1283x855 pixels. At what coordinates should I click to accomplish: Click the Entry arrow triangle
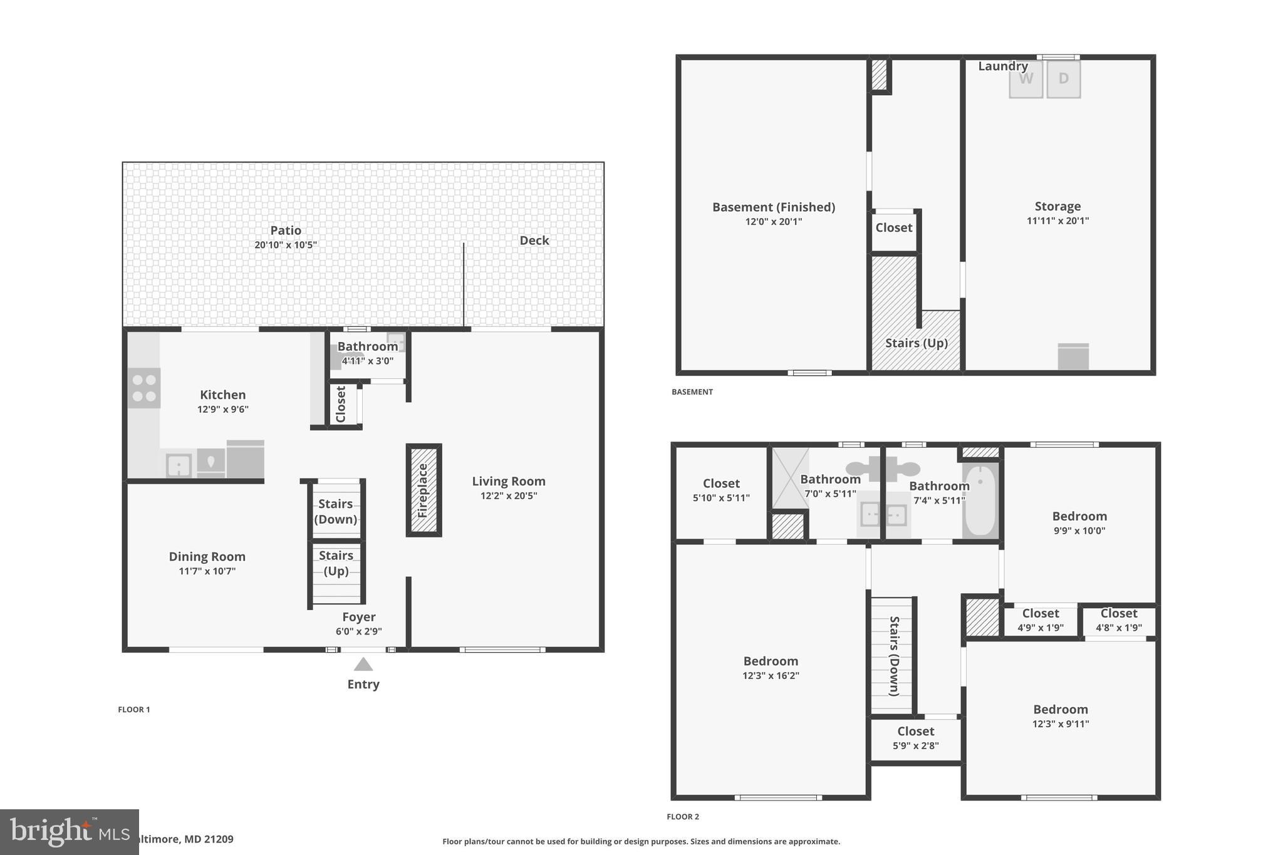click(363, 665)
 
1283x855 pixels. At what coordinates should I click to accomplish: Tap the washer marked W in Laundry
click(1026, 80)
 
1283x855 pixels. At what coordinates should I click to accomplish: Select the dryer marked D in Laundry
click(1063, 80)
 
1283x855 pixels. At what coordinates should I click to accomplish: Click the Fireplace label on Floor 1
click(423, 490)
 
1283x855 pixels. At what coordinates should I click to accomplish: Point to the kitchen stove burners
click(144, 388)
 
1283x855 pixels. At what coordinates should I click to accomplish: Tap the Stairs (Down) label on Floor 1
click(336, 511)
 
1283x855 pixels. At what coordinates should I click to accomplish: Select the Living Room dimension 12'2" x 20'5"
click(509, 496)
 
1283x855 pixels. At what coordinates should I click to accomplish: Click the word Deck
click(534, 241)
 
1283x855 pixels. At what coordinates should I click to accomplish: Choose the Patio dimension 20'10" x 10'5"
click(286, 245)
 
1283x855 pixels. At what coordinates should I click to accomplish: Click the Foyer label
click(358, 617)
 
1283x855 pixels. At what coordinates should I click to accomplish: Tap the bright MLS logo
click(69, 832)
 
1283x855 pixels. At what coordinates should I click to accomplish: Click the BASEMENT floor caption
click(692, 392)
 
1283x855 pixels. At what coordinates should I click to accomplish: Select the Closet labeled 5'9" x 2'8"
click(915, 738)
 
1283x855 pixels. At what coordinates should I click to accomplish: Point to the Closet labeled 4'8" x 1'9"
click(1118, 620)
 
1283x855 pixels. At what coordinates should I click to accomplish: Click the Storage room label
click(1057, 207)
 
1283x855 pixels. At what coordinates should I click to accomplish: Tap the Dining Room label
click(207, 557)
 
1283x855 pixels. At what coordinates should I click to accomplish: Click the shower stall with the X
click(789, 478)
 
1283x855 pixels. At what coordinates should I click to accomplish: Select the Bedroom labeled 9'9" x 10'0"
click(1079, 523)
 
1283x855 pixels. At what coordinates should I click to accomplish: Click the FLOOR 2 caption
click(683, 817)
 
